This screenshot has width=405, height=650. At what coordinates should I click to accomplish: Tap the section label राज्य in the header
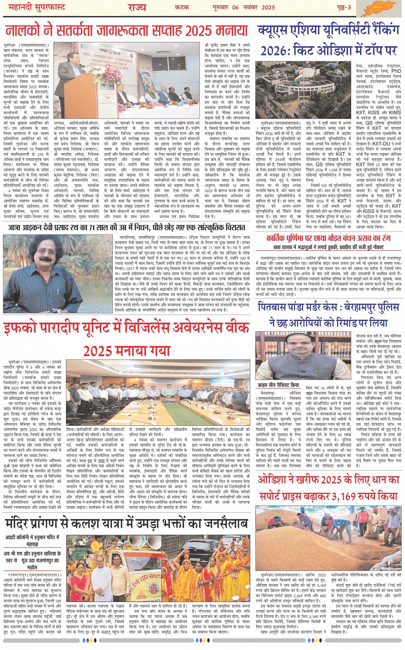[x=137, y=7]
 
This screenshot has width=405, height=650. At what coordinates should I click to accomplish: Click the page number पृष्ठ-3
[x=342, y=7]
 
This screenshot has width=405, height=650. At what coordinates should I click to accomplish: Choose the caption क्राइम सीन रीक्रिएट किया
[x=279, y=385]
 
